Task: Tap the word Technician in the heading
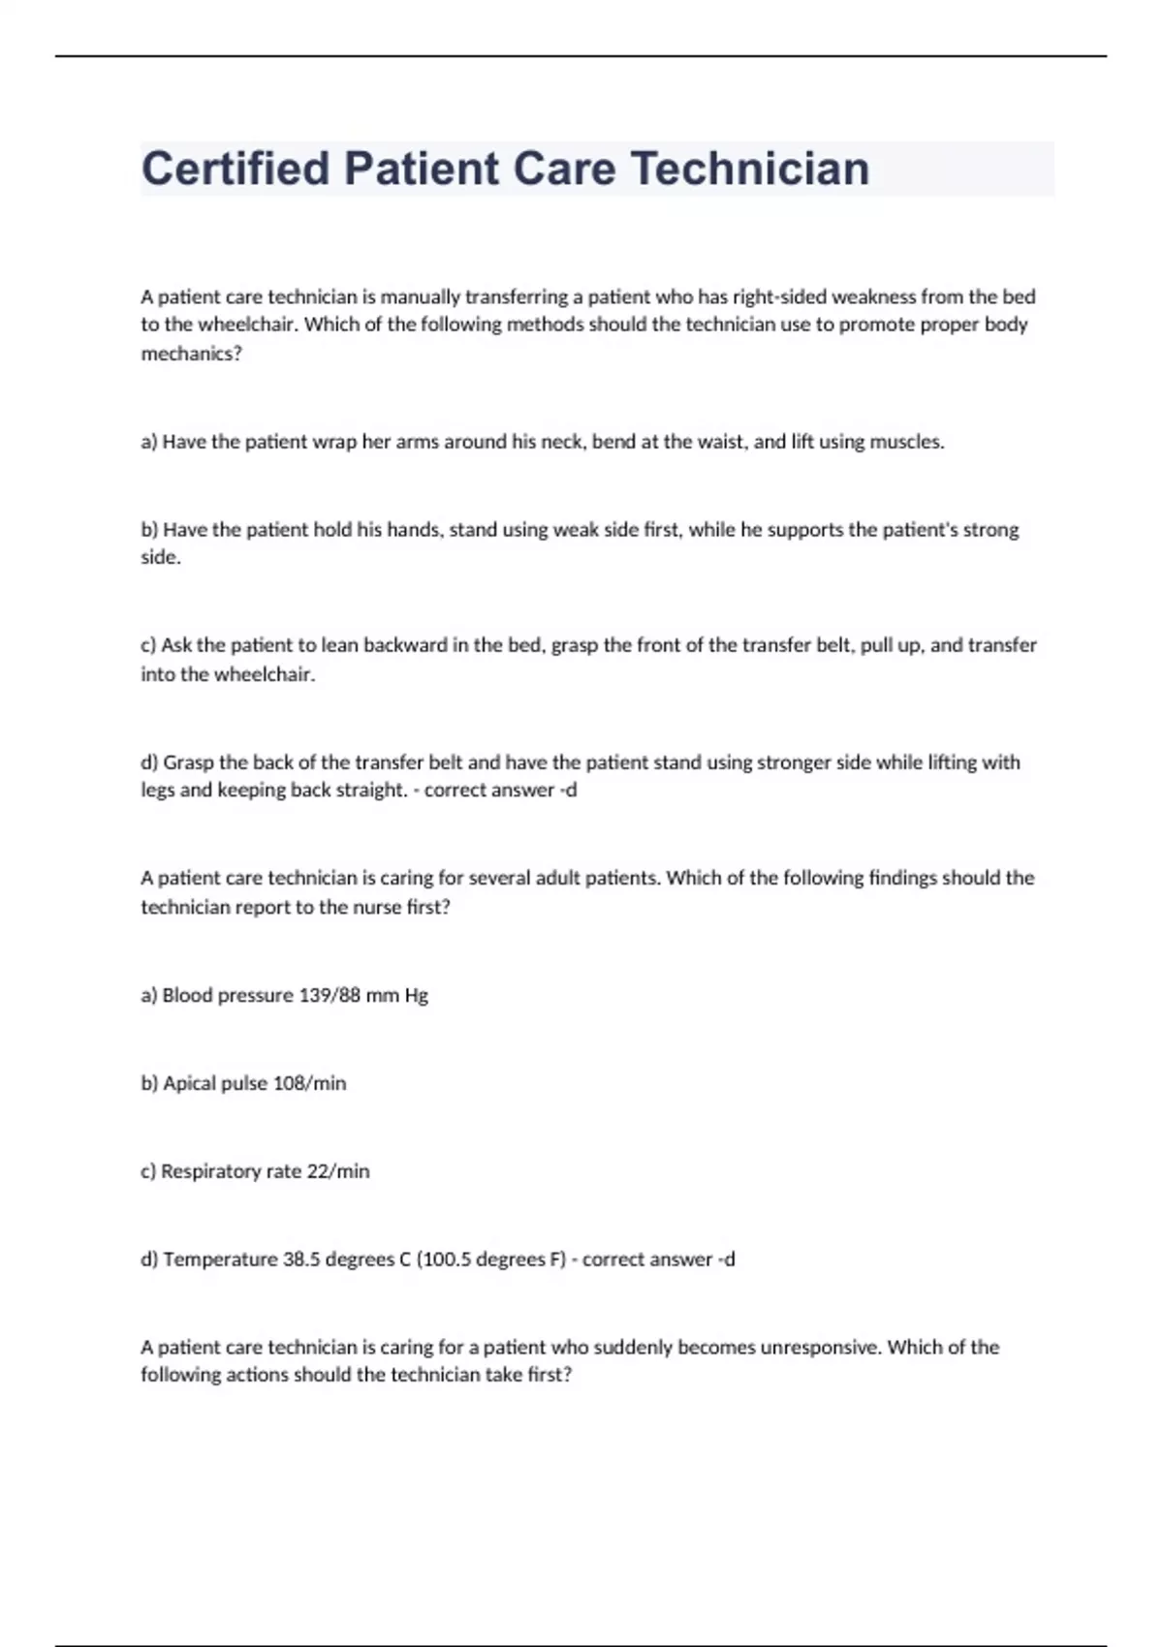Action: click(x=751, y=169)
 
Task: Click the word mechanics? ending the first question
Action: click(x=191, y=354)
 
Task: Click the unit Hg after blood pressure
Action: click(x=416, y=995)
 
